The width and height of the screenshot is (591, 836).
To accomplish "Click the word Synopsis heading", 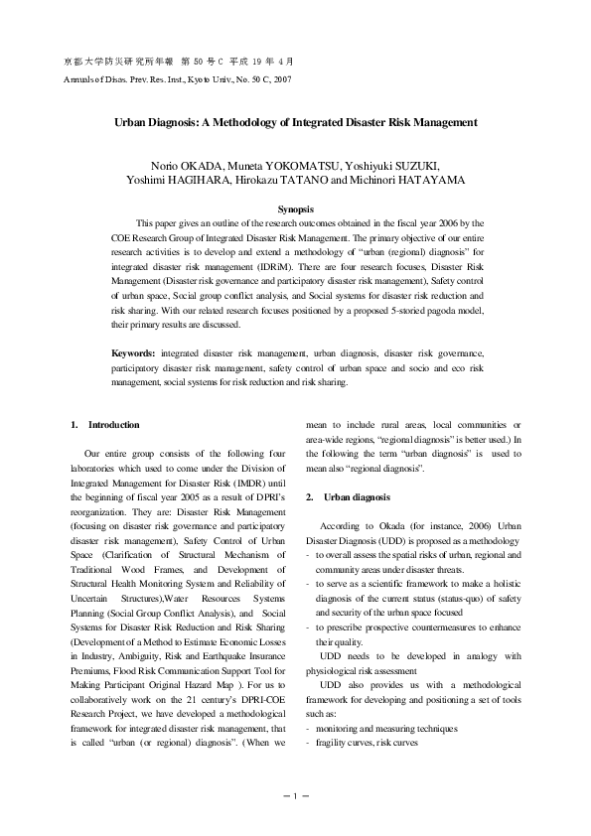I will (295, 209).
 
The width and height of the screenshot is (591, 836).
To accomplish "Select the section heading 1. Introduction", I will (105, 424).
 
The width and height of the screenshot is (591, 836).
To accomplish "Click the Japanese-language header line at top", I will (179, 61).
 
